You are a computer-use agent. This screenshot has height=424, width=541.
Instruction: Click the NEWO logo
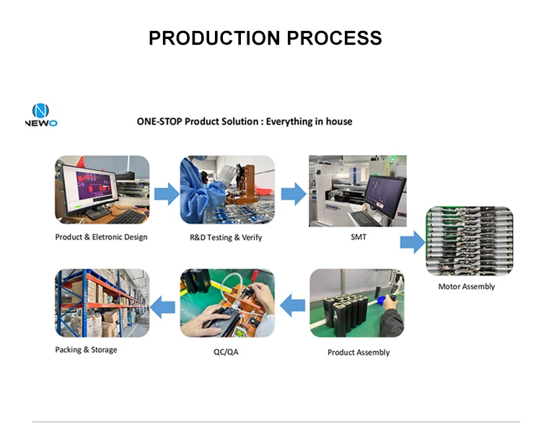click(40, 115)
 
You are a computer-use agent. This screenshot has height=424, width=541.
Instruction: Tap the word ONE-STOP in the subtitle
click(160, 122)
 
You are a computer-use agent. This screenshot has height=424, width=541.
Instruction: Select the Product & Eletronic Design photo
click(102, 190)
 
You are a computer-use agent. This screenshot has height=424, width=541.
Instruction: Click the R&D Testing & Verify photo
click(226, 190)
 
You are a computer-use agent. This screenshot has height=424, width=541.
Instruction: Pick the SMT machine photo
click(357, 190)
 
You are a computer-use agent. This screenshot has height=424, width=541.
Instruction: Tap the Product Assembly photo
click(357, 304)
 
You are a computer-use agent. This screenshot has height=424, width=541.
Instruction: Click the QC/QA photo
click(226, 304)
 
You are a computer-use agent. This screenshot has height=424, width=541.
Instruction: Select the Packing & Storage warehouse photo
click(102, 304)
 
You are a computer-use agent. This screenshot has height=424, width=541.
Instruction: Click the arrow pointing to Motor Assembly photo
click(413, 243)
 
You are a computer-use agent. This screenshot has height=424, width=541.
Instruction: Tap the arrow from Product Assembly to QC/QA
click(292, 306)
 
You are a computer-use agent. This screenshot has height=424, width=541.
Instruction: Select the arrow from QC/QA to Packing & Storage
click(165, 306)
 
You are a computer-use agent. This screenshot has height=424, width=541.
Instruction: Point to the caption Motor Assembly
click(467, 287)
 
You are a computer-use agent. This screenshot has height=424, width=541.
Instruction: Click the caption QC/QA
click(227, 353)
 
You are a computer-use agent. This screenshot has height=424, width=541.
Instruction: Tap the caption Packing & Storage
click(86, 350)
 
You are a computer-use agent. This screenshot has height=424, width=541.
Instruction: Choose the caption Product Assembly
click(359, 353)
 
